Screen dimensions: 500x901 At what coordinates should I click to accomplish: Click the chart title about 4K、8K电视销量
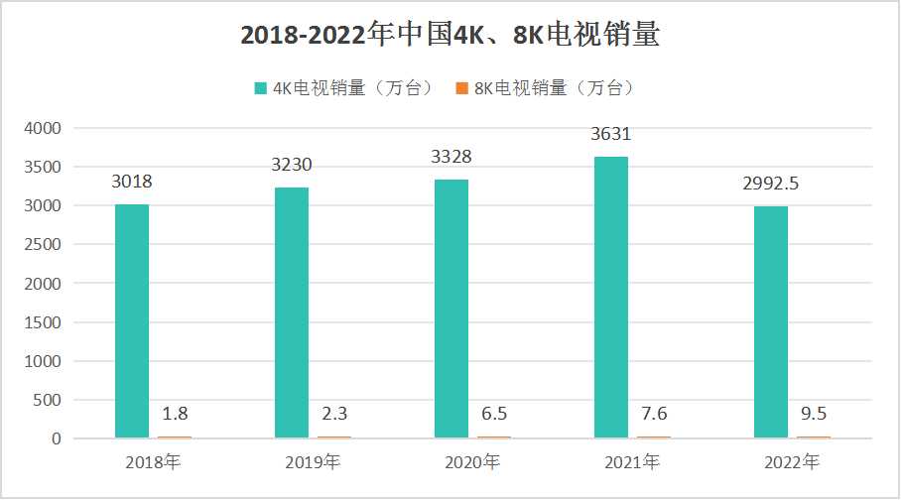tap(450, 36)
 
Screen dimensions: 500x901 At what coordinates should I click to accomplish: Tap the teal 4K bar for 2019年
tap(292, 312)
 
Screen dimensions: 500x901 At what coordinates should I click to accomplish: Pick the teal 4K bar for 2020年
tap(451, 309)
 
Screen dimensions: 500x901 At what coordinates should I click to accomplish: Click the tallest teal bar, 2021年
tap(611, 297)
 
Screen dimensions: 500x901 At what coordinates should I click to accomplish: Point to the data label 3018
tap(132, 182)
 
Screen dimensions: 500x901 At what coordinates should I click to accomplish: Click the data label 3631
tap(611, 134)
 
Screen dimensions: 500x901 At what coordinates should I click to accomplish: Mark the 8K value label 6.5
tap(493, 413)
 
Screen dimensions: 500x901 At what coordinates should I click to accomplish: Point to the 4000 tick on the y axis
tap(43, 128)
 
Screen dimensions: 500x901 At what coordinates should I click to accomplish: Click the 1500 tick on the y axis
tap(43, 322)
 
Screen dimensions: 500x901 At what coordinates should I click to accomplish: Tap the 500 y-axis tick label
tap(47, 400)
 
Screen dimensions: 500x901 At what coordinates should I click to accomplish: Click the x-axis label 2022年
tap(792, 461)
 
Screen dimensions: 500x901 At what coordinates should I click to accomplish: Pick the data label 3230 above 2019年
tap(292, 165)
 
